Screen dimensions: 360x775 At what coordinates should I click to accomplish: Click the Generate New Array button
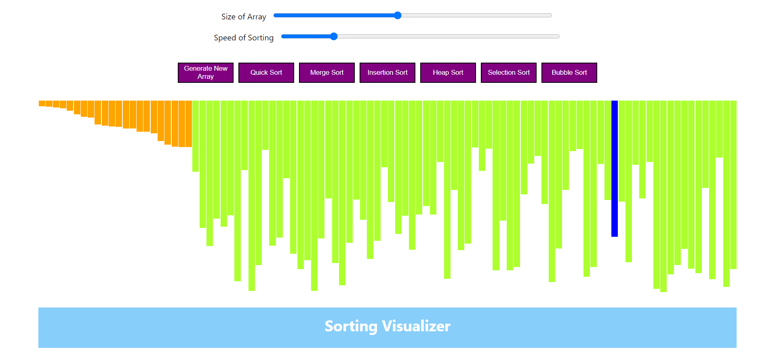[205, 73]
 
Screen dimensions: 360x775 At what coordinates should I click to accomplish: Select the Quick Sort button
[266, 73]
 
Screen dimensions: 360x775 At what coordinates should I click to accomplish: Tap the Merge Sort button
[326, 73]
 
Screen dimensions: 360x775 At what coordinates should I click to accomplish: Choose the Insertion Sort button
[387, 73]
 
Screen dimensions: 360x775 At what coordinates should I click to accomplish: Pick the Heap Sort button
[448, 73]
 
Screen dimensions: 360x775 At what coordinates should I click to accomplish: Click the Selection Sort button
[508, 73]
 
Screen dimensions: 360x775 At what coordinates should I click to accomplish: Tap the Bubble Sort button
[569, 73]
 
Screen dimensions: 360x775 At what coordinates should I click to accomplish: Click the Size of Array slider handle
[398, 15]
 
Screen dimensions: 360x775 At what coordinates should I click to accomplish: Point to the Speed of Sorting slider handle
[334, 36]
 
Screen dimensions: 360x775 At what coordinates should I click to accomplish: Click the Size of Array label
[244, 17]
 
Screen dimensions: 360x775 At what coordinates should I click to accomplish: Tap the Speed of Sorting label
[244, 38]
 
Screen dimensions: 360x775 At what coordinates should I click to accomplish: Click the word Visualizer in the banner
[416, 326]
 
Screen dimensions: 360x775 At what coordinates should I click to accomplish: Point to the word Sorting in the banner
[351, 326]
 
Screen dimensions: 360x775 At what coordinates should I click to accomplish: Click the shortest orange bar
[42, 103]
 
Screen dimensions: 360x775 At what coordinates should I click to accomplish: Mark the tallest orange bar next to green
[189, 124]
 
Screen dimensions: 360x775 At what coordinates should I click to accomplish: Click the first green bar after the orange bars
[196, 136]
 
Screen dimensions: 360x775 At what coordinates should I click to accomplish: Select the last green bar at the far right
[733, 184]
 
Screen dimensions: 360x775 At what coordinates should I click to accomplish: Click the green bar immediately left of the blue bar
[607, 150]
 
